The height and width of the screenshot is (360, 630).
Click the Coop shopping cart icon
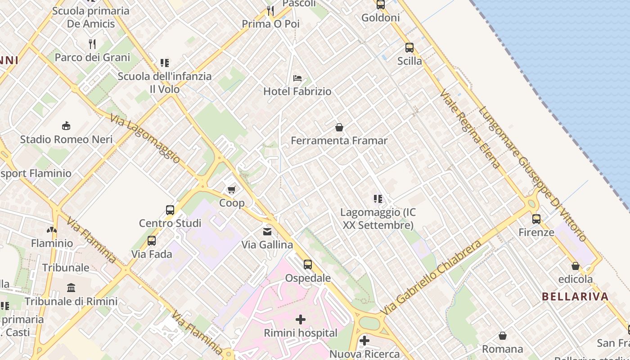pyautogui.click(x=231, y=189)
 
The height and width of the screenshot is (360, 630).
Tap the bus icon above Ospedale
pyautogui.click(x=308, y=265)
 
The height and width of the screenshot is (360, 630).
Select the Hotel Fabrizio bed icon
pyautogui.click(x=297, y=78)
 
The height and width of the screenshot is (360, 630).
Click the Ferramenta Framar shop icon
pyautogui.click(x=339, y=127)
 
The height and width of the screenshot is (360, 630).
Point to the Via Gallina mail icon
pyautogui.click(x=267, y=232)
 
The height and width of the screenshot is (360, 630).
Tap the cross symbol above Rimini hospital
pyautogui.click(x=301, y=319)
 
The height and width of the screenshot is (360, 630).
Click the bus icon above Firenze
pyautogui.click(x=536, y=219)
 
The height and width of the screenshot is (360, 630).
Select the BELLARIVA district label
pyautogui.click(x=575, y=297)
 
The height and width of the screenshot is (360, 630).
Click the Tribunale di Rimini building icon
pyautogui.click(x=71, y=288)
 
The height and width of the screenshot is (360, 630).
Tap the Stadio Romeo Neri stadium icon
pyautogui.click(x=66, y=126)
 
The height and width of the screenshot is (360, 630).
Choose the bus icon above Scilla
pyautogui.click(x=409, y=48)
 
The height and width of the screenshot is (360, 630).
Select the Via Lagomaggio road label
pyautogui.click(x=145, y=138)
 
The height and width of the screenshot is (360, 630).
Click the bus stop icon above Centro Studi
pyautogui.click(x=170, y=210)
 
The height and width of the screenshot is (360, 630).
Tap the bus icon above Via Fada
pyautogui.click(x=152, y=241)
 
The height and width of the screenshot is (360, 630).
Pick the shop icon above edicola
pyautogui.click(x=575, y=266)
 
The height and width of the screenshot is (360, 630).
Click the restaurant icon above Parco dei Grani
pyautogui.click(x=92, y=44)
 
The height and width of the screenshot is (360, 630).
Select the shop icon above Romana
pyautogui.click(x=503, y=336)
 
